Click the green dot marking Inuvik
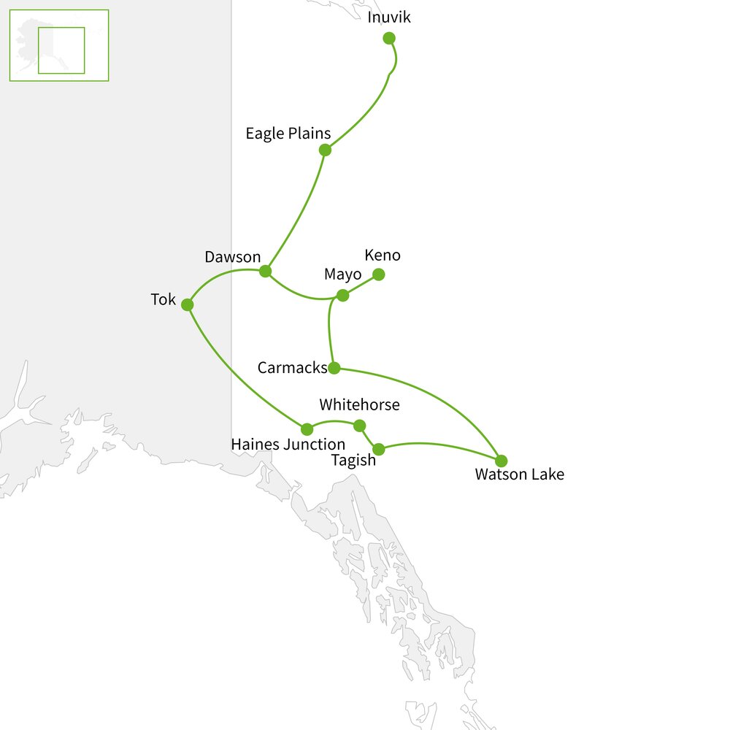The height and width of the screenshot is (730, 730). point(389,38)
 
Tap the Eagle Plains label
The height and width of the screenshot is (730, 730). point(288,134)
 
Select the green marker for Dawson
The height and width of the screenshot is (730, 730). point(265,271)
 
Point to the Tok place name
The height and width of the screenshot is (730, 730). point(164,299)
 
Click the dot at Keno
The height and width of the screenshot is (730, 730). point(379,274)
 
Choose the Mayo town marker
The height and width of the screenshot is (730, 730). point(342,296)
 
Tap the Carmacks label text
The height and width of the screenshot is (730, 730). point(292,368)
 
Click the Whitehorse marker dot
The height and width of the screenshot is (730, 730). point(359,426)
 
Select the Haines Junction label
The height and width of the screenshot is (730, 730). point(288,445)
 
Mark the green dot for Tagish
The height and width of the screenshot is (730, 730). point(378,450)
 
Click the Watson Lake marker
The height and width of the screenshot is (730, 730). point(501,461)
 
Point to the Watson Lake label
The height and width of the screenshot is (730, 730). point(519,474)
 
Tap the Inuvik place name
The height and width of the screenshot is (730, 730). point(389,18)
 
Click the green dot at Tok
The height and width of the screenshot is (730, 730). point(187,304)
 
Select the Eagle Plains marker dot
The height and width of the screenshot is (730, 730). point(325,150)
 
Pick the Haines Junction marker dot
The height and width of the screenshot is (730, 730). point(307,429)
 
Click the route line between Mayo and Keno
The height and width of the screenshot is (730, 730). point(361,285)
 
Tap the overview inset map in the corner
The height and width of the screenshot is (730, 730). point(58,45)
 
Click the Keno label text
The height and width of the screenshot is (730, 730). point(383,255)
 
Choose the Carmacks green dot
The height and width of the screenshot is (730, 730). point(334,367)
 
